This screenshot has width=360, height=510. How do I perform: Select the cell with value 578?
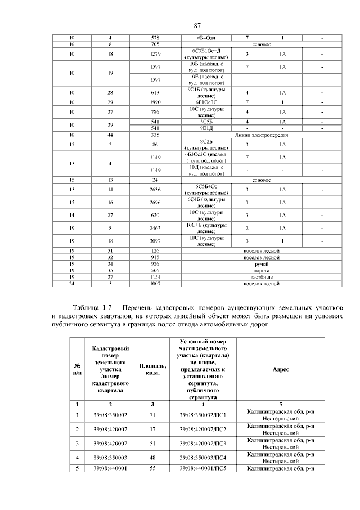(155, 38)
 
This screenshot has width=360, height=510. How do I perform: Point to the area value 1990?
(155, 102)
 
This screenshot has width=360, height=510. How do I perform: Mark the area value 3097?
(155, 241)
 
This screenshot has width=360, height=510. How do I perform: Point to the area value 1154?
(155, 277)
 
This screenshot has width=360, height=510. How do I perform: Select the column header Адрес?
(280, 369)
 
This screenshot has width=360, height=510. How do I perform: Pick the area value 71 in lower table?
(152, 415)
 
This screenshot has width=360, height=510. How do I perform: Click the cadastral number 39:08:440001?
(110, 468)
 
